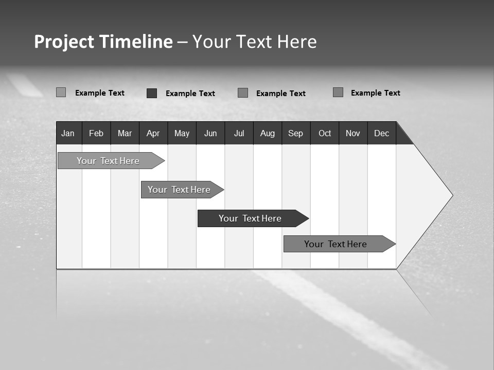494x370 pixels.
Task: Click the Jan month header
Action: [x=68, y=133]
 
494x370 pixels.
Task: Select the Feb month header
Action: [x=96, y=133]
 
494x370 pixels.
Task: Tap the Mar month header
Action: [x=125, y=133]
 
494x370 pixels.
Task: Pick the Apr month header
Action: [x=153, y=133]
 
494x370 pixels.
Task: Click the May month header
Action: [x=182, y=133]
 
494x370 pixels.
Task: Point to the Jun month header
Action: [x=210, y=133]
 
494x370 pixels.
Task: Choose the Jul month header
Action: [x=239, y=133]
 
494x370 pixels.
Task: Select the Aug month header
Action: [x=268, y=133]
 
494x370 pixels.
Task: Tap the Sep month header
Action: [x=296, y=133]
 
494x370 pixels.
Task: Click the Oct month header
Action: [x=325, y=133]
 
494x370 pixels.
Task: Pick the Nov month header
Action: [x=353, y=133]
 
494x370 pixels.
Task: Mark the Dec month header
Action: [x=382, y=133]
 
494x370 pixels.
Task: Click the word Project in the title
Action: [x=64, y=42]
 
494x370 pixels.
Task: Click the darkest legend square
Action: [x=152, y=93]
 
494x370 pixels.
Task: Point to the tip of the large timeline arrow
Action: [x=452, y=195]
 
